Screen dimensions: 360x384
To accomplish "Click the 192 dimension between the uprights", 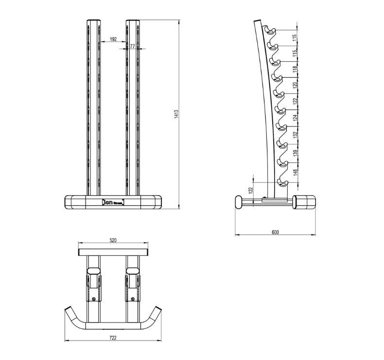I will (x=113, y=38).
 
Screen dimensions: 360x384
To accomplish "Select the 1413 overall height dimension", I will (x=177, y=115).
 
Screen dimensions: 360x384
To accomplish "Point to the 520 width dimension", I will (x=113, y=240).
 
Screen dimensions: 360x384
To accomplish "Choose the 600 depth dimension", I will (x=275, y=232).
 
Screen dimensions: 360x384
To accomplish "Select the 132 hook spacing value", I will (x=294, y=133).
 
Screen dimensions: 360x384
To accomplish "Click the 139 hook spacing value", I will (x=294, y=152).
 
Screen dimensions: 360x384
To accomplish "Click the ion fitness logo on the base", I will (x=113, y=201).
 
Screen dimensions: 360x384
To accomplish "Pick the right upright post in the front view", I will (x=133, y=107).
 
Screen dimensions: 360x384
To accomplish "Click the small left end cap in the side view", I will (x=239, y=202).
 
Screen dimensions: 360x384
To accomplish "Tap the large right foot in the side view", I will (x=305, y=201).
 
